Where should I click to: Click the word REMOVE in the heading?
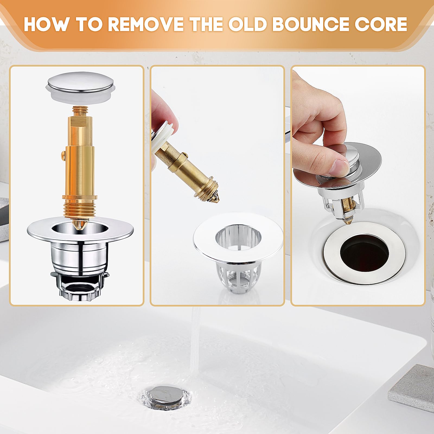pyautogui.click(x=146, y=24)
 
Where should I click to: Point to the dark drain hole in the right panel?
pyautogui.click(x=364, y=253)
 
